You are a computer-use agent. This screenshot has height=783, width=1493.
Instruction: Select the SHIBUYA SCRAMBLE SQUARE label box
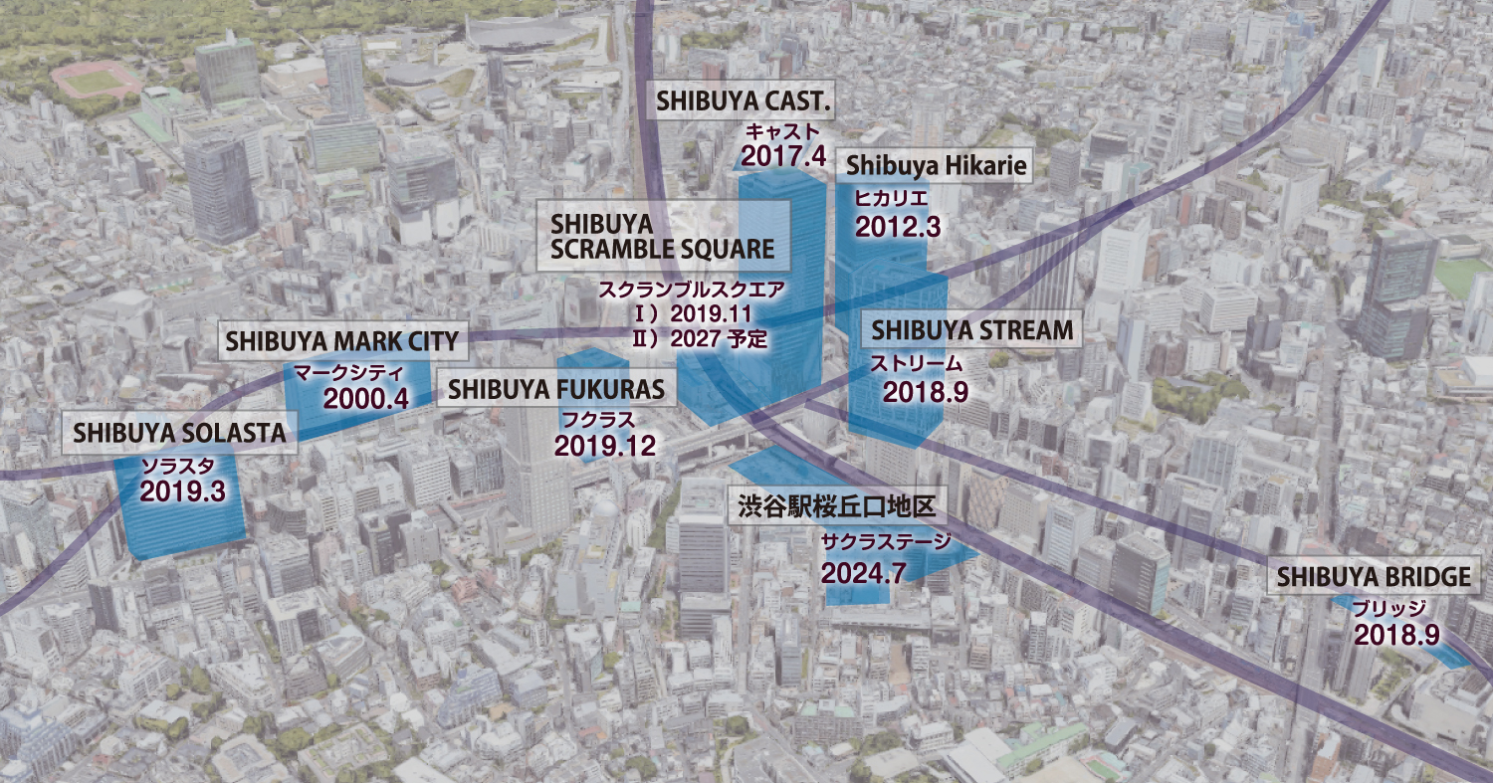(662, 235)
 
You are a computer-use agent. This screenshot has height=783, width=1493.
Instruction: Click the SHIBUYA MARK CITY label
(341, 341)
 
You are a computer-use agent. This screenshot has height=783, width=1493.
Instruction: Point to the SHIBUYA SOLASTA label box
(179, 433)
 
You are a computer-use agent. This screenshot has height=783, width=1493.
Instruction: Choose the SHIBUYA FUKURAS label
(555, 389)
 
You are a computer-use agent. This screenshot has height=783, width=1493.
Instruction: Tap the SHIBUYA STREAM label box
(973, 329)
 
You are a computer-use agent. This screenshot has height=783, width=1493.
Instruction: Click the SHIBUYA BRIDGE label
(1373, 577)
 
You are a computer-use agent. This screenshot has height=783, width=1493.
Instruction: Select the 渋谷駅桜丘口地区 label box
(836, 506)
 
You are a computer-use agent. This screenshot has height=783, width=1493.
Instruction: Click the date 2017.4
(783, 155)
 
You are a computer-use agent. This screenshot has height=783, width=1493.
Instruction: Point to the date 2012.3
(897, 227)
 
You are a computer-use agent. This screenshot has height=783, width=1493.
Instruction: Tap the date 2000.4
(366, 399)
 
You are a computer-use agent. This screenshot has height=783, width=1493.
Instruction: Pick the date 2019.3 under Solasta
(183, 490)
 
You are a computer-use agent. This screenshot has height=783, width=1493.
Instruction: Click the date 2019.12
(605, 446)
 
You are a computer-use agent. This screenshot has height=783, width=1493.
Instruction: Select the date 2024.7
(863, 572)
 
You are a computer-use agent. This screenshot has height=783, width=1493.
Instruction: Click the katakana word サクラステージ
(886, 543)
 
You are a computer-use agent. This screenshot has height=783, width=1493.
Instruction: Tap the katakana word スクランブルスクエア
(691, 293)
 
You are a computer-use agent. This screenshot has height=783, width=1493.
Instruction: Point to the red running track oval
(97, 80)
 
